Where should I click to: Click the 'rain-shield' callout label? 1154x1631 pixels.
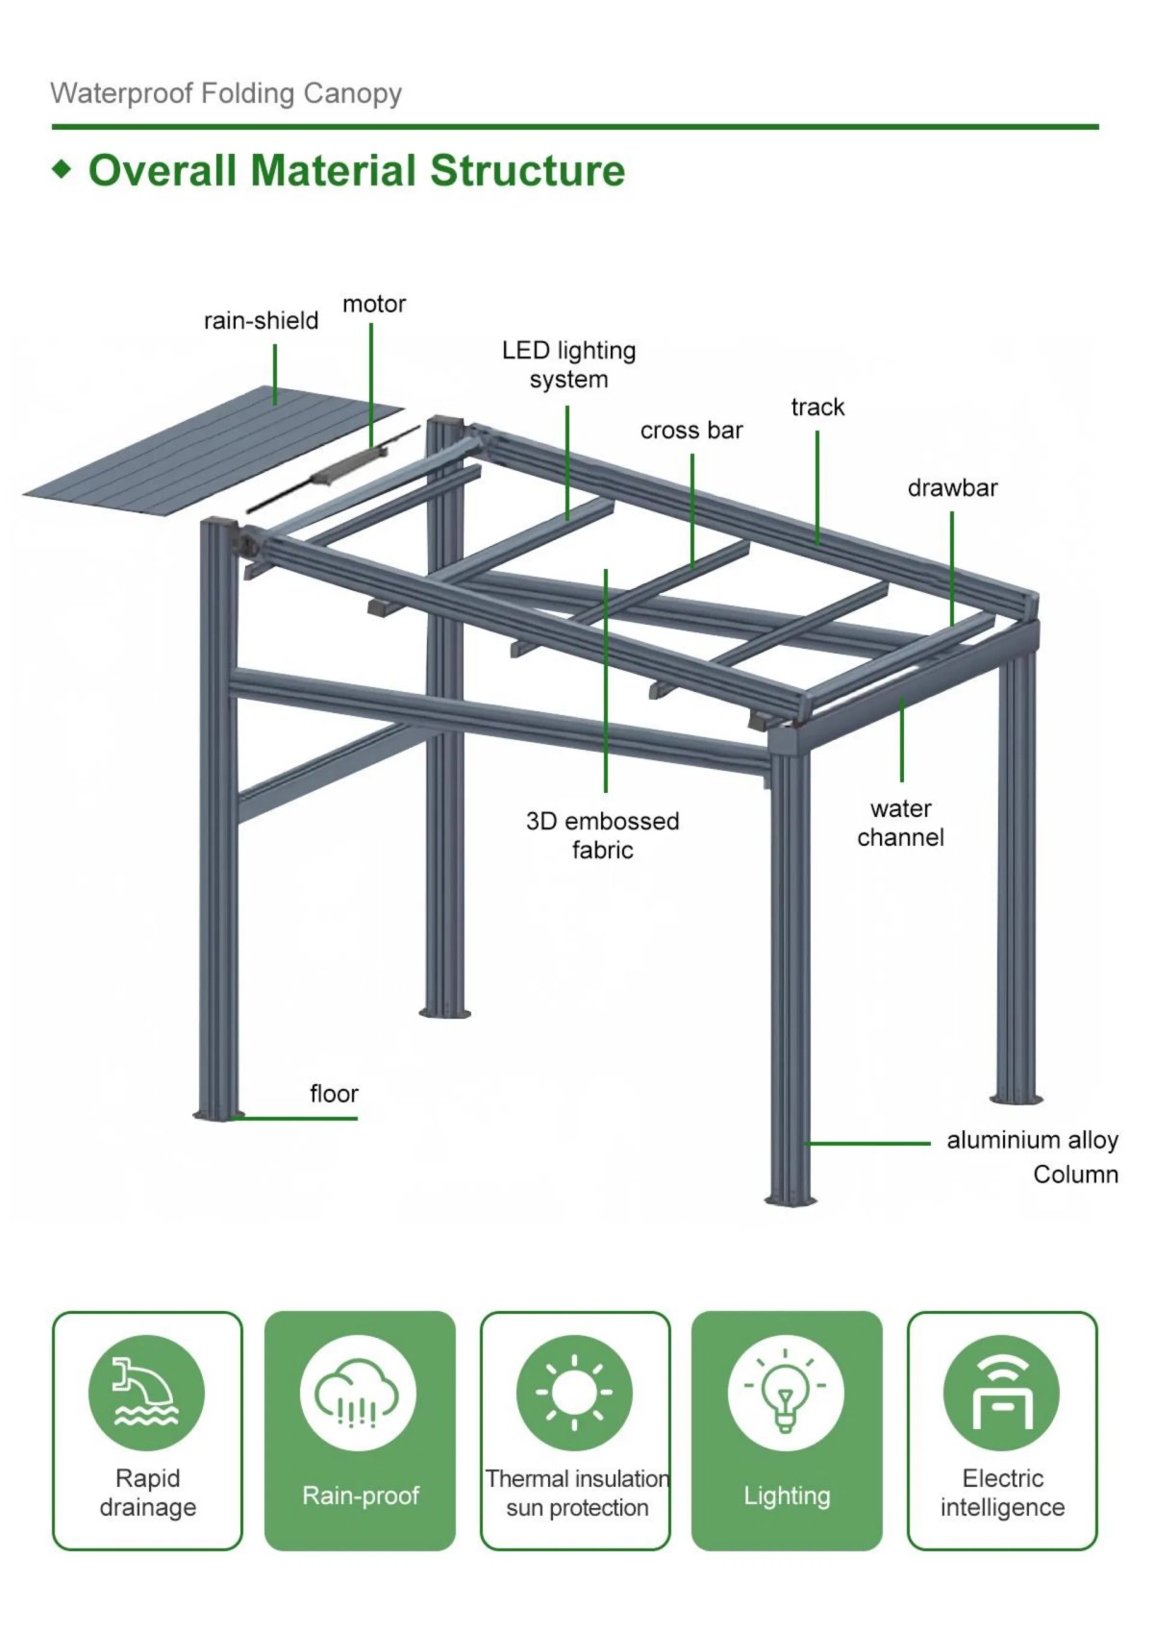click(261, 321)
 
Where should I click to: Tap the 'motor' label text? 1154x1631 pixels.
click(374, 305)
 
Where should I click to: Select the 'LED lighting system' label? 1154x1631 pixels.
click(568, 364)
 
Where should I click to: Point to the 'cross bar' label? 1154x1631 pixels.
click(691, 431)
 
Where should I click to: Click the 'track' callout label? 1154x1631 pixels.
click(817, 408)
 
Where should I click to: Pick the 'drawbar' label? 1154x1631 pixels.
click(952, 488)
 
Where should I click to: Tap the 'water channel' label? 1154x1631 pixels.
click(900, 823)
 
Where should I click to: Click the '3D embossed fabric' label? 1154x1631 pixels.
click(602, 835)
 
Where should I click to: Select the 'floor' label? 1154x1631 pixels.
click(334, 1094)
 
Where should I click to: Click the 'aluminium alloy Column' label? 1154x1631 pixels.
click(1033, 1156)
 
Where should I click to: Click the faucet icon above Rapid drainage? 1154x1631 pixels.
click(146, 1393)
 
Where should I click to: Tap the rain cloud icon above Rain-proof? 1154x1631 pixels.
click(358, 1393)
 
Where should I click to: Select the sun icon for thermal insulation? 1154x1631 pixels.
click(574, 1393)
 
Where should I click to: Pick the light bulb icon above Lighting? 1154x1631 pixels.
click(786, 1393)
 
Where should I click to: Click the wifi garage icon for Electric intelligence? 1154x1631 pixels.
click(1001, 1393)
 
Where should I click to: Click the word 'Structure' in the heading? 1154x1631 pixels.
click(527, 171)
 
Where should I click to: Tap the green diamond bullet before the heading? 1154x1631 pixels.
click(63, 170)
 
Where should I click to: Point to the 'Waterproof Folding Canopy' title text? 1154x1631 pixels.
click(226, 93)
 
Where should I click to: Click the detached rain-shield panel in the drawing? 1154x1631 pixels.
click(212, 452)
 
